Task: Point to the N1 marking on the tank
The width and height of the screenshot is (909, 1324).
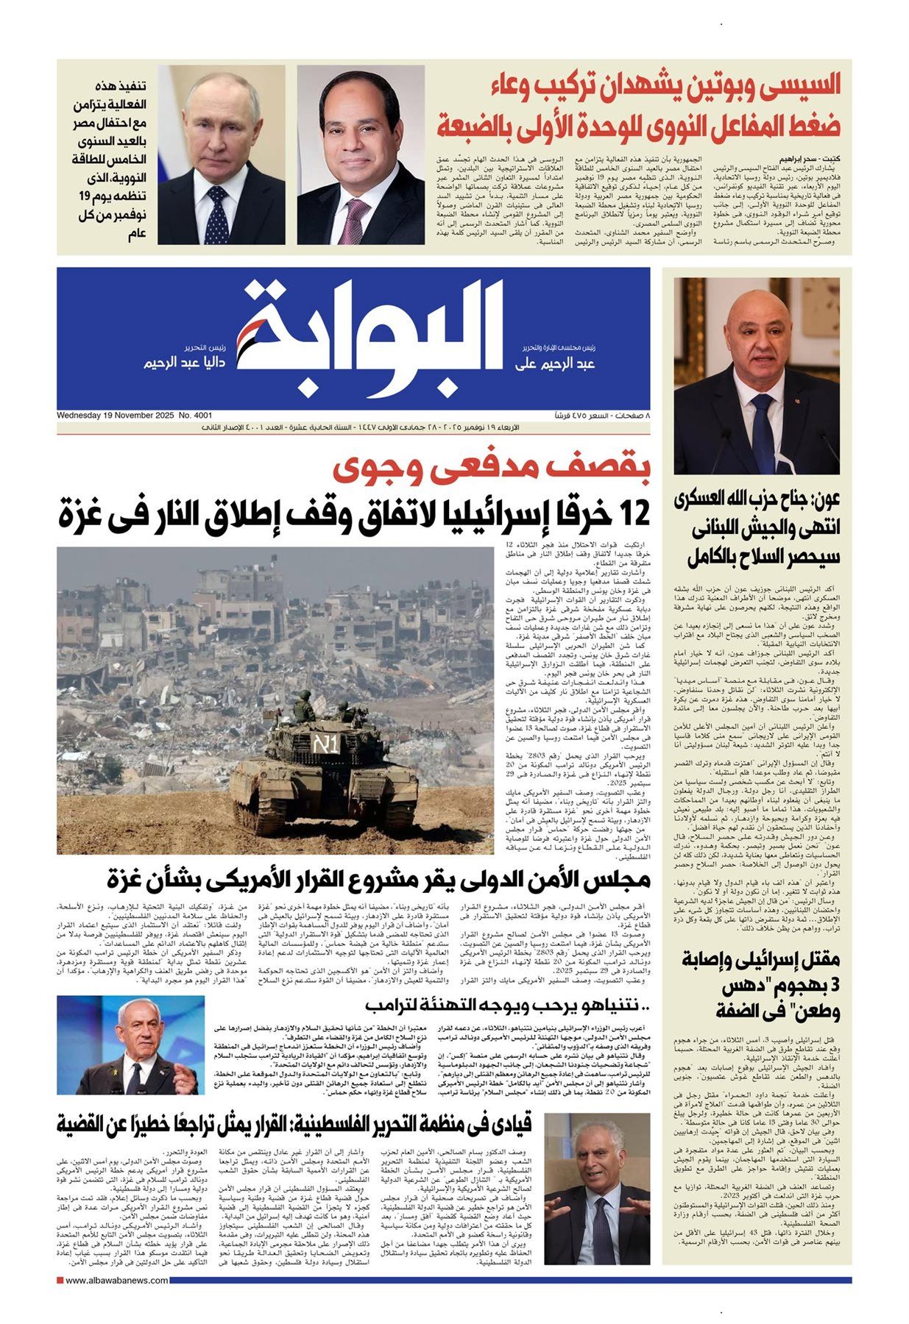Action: tap(325, 744)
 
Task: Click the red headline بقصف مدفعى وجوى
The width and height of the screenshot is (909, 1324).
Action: tap(491, 470)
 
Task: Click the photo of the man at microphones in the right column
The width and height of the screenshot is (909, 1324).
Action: tap(756, 375)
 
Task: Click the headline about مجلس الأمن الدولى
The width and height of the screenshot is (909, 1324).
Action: tap(378, 879)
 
